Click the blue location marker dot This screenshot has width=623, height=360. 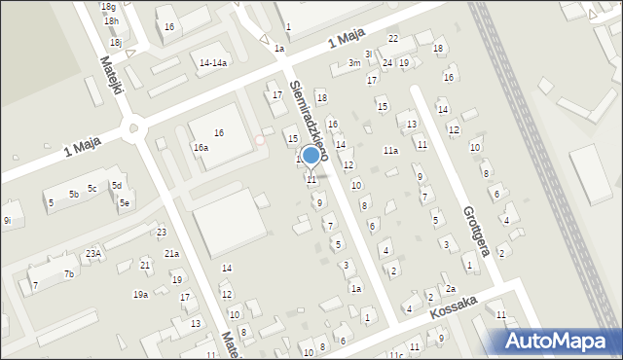click(x=311, y=155)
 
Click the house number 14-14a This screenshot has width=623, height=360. click(x=213, y=63)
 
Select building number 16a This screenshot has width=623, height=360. click(x=201, y=147)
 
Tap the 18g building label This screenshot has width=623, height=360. click(x=108, y=7)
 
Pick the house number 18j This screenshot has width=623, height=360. click(x=116, y=43)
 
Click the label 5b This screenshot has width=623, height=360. click(x=73, y=195)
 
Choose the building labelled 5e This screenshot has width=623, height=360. click(x=125, y=203)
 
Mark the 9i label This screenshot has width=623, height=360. click(x=7, y=221)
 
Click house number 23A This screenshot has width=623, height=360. click(x=92, y=253)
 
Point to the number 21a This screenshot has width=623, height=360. click(x=171, y=254)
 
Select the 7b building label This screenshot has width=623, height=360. click(x=68, y=274)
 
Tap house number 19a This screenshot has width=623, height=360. click(x=140, y=294)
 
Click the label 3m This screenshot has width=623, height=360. click(x=354, y=63)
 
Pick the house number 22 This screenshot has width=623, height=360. click(x=393, y=38)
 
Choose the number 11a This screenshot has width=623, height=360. click(x=390, y=151)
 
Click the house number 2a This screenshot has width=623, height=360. click(x=450, y=289)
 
